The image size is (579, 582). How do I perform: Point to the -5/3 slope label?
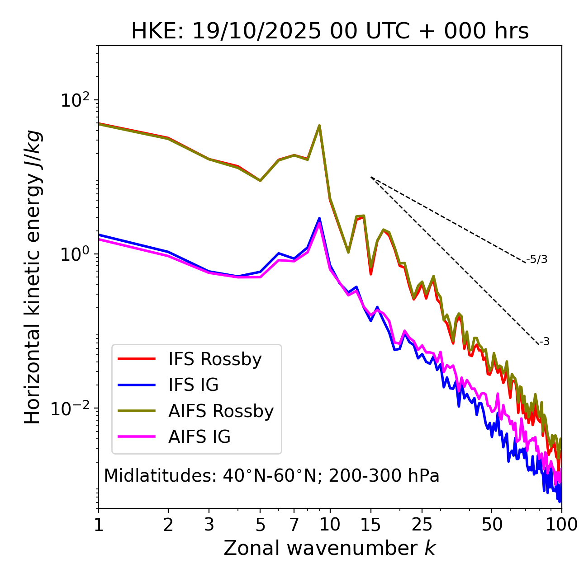coord(537,259)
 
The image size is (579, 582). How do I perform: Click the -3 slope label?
coord(544,342)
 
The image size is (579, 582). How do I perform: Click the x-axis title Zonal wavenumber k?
coord(330,548)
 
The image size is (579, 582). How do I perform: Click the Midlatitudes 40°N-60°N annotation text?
coord(271,476)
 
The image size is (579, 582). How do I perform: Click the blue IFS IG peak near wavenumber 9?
coord(319,218)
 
